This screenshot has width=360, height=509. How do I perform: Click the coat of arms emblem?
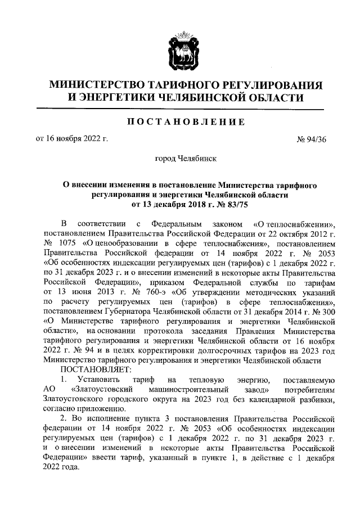pyautogui.click(x=179, y=51)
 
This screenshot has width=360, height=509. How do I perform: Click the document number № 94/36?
pyautogui.click(x=312, y=138)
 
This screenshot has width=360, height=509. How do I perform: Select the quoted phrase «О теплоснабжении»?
pyautogui.click(x=295, y=223)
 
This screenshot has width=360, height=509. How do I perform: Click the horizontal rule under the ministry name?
pyautogui.click(x=179, y=109)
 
